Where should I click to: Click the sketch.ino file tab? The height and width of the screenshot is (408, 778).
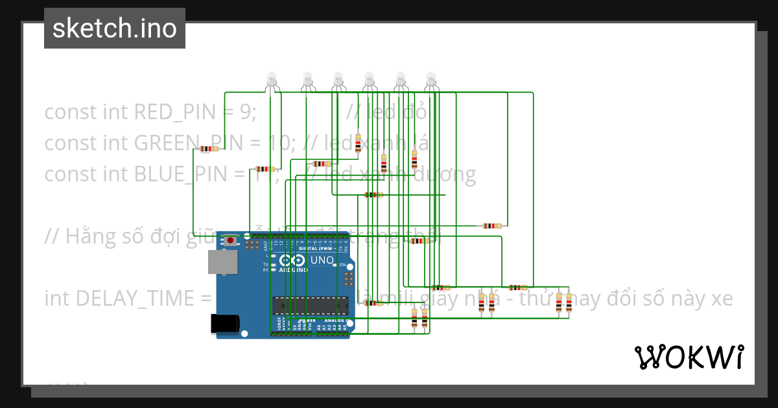pos(115,28)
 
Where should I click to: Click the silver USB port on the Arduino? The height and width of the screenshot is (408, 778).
pos(222,262)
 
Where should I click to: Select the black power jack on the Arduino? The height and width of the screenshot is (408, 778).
pos(225,324)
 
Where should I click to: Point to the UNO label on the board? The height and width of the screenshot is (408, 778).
pos(322,260)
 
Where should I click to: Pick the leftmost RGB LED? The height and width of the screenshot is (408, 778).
pos(272,80)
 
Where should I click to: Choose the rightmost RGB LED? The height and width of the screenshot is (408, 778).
pos(431,80)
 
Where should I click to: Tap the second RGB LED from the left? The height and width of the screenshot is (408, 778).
pos(307,80)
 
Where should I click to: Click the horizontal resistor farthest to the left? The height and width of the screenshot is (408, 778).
pos(207,149)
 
